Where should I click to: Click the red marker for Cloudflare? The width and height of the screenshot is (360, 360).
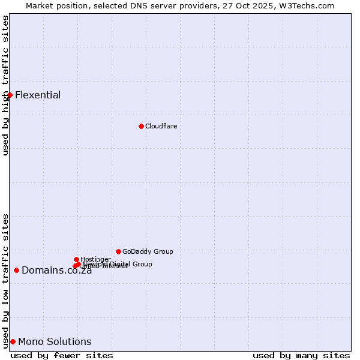(x=141, y=126)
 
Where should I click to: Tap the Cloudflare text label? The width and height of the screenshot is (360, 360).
(x=161, y=126)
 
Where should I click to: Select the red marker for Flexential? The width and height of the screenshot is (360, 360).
(x=10, y=95)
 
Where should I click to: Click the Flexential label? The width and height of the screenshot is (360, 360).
(x=38, y=95)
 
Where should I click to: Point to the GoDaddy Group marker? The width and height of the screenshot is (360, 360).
(x=118, y=251)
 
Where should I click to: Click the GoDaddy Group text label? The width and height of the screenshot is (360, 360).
(x=148, y=251)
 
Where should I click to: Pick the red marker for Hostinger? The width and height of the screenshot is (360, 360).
(x=76, y=259)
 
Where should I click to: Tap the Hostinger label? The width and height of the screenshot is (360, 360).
(x=95, y=259)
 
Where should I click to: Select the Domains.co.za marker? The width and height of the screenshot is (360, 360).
(x=16, y=270)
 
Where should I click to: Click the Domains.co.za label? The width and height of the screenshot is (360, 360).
(x=56, y=271)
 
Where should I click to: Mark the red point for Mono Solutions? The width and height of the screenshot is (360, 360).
(x=13, y=341)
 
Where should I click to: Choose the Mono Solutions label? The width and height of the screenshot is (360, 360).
(x=55, y=342)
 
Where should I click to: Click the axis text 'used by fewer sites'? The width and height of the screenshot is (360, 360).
(x=62, y=355)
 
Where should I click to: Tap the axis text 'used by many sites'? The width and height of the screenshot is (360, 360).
(x=301, y=355)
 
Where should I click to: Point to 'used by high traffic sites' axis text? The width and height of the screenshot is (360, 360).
(x=5, y=85)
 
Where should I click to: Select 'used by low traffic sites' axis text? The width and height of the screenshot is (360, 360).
(x=5, y=280)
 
